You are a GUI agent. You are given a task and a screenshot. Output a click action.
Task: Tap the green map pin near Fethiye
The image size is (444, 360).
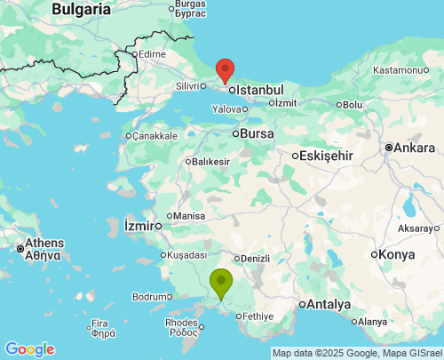pos(221,283)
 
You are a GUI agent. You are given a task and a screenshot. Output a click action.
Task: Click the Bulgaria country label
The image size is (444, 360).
pos(81,9)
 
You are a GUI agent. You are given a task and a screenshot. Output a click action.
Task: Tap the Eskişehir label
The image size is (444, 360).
pos(328,156)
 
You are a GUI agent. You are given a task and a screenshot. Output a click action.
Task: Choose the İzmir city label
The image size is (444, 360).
pos(141,220)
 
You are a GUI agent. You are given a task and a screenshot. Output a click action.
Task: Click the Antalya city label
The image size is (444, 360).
pos(329,305)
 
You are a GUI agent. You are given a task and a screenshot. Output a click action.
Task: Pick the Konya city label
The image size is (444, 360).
pos(396,254)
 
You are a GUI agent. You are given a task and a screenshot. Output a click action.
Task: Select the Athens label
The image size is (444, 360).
pos(44,243)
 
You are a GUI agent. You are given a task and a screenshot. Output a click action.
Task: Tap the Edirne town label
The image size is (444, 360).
pos(152,54)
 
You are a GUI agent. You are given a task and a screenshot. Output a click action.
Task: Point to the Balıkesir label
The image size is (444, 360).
pos(210,162)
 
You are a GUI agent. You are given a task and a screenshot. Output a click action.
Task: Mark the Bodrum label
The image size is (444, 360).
pos(149,296)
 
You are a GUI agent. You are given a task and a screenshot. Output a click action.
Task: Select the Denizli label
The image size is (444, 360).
pos(255,259)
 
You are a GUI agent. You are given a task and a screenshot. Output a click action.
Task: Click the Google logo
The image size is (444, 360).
pos(29,349)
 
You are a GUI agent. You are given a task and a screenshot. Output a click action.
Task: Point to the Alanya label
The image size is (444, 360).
pos(372,322)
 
